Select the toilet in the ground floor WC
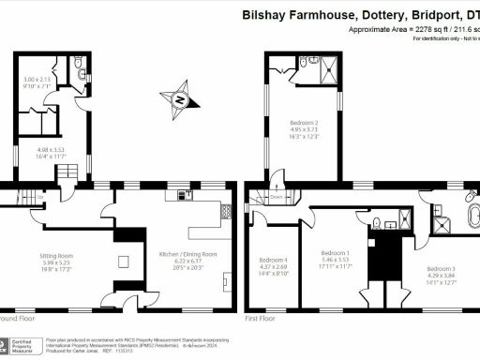[x=80, y=67]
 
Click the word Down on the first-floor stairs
[x=278, y=198]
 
